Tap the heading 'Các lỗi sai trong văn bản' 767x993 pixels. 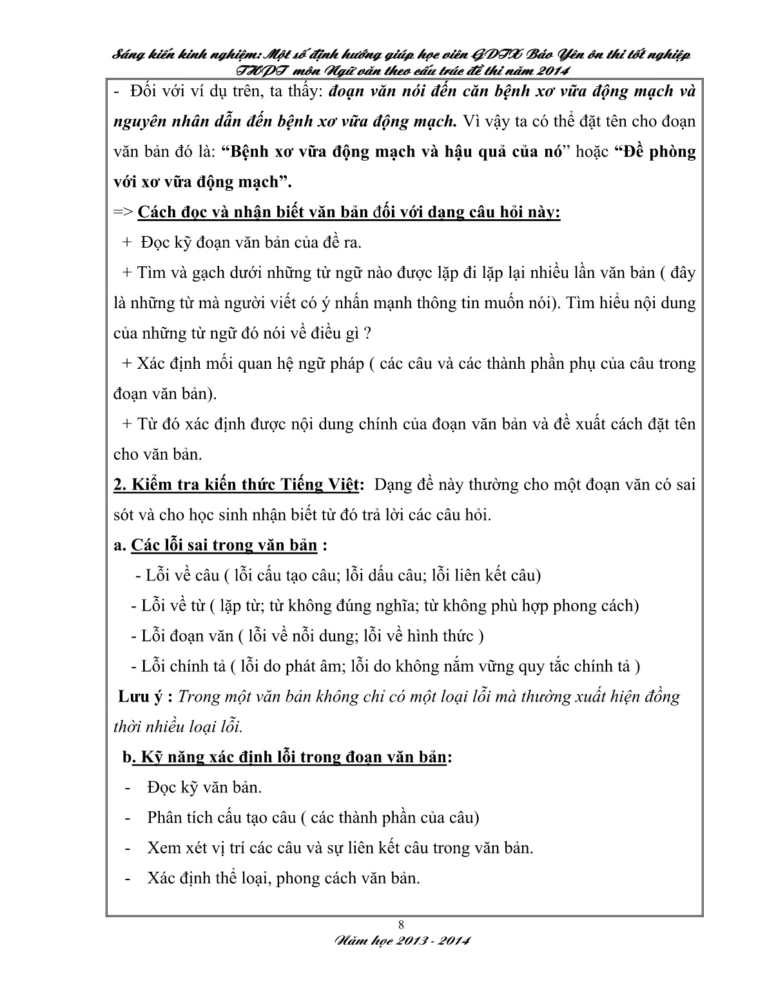click(224, 546)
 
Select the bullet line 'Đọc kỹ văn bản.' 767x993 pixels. click(204, 787)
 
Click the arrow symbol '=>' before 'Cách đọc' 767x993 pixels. click(122, 213)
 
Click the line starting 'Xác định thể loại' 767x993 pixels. click(284, 878)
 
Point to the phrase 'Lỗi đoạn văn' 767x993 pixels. click(187, 636)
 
